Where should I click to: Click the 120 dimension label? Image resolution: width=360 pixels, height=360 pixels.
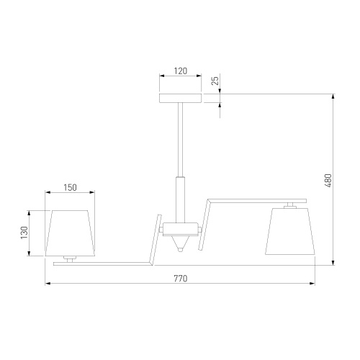181,71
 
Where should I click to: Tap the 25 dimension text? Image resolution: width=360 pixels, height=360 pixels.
215,81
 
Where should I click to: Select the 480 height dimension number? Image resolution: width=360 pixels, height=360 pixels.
328,181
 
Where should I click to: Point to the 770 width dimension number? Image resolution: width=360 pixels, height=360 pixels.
181,279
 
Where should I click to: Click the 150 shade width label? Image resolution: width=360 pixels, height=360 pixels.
70,187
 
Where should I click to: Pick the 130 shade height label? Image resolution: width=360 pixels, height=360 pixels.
24,233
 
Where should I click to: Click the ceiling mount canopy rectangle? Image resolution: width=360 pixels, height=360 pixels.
181,98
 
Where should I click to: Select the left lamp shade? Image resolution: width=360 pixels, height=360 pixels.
70,233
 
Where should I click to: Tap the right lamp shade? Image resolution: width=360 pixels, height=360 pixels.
290,231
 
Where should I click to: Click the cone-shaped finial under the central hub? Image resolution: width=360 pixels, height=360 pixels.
181,243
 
